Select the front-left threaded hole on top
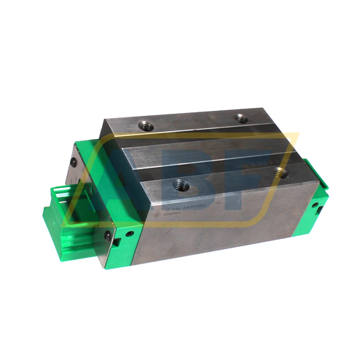pos(182,186)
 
